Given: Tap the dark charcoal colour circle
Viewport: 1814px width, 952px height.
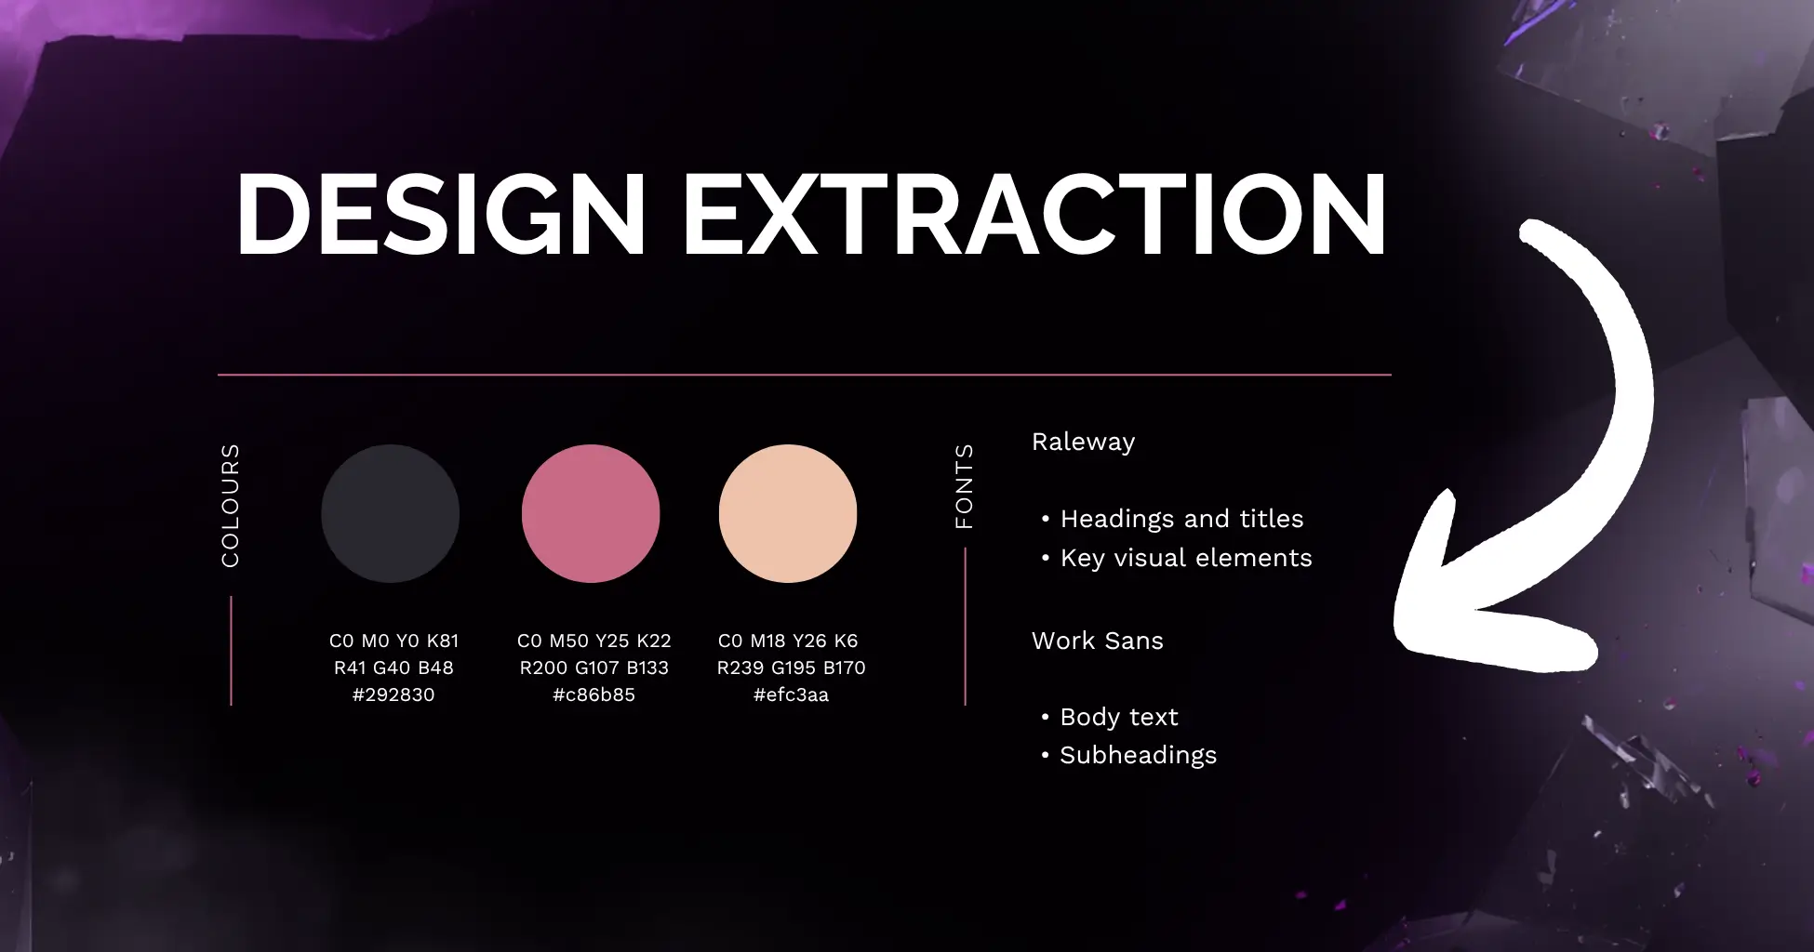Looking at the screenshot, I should click(391, 513).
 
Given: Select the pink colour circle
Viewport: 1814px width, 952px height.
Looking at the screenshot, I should click(591, 513).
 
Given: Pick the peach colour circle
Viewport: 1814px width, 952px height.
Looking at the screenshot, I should click(788, 513).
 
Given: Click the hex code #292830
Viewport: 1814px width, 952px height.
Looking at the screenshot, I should click(393, 694).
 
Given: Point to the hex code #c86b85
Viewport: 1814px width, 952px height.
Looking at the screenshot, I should click(594, 694).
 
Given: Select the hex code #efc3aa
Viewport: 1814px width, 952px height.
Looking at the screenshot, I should click(791, 694).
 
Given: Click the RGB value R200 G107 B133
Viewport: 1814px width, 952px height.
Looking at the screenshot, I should click(594, 668).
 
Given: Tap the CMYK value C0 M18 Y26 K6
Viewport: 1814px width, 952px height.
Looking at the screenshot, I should click(788, 641).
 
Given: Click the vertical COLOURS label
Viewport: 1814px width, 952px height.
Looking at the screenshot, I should click(231, 505).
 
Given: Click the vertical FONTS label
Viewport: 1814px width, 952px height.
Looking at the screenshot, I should click(965, 485).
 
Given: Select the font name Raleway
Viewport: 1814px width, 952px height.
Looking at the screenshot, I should click(1083, 442).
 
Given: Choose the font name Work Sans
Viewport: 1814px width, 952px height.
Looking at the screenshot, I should click(1097, 641).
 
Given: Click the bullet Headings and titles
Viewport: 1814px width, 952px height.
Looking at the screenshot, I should click(1181, 519).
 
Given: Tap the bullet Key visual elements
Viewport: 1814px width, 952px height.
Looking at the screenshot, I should click(1186, 558).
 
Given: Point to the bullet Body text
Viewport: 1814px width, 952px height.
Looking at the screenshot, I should click(1119, 717).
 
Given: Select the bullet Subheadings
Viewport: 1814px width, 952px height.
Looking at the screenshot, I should click(1138, 755).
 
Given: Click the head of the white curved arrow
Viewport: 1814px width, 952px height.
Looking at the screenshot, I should click(1451, 604).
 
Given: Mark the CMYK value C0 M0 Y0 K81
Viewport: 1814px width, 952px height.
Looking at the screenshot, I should click(393, 641).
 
